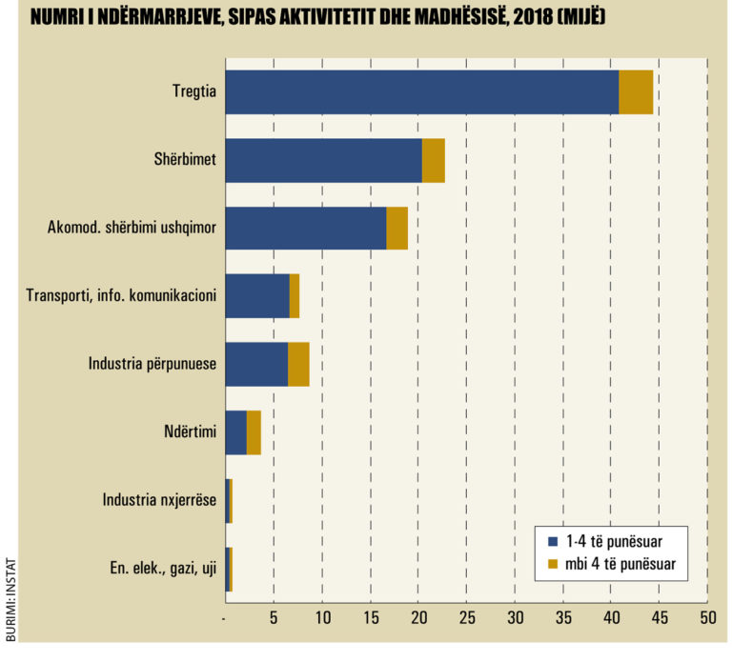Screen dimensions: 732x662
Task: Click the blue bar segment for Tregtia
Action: (422, 91)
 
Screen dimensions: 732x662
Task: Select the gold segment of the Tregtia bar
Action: (636, 91)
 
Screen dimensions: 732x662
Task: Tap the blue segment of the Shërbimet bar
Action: (323, 160)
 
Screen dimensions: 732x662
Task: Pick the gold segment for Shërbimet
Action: (434, 160)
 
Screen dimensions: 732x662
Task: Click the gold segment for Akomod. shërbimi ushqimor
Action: (397, 229)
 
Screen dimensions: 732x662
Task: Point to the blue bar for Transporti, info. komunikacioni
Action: (257, 296)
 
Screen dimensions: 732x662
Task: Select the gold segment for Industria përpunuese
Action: (298, 365)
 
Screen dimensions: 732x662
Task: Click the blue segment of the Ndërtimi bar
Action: (235, 432)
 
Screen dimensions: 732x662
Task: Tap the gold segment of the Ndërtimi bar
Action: (254, 432)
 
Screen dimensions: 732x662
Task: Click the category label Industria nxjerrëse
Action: (159, 500)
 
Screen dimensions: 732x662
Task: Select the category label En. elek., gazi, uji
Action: (163, 569)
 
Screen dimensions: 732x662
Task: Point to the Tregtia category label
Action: (194, 91)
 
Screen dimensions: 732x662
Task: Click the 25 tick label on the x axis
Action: (467, 617)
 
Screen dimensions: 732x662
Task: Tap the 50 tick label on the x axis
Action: (708, 617)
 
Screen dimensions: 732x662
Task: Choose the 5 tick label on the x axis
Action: (274, 617)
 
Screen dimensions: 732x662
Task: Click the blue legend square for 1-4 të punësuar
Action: (553, 542)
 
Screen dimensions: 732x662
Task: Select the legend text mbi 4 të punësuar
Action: (620, 564)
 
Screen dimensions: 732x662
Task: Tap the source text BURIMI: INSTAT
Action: (10, 599)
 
